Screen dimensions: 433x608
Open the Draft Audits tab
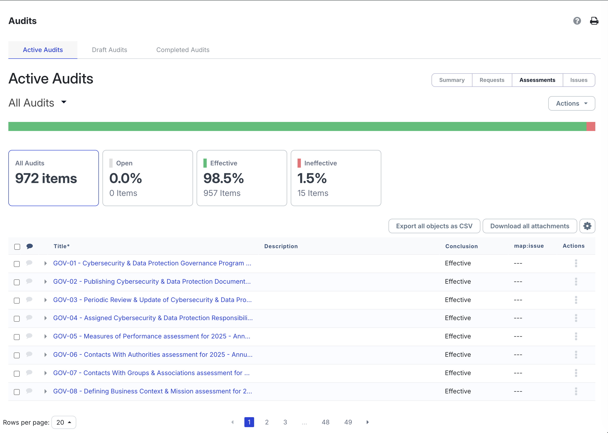[109, 50]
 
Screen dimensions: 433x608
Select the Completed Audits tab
[183, 50]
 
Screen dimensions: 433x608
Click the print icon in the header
[594, 21]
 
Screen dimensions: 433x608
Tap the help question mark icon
[577, 21]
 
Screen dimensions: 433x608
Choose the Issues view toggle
[579, 80]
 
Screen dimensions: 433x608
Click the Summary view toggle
[452, 80]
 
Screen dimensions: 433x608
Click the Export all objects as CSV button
[434, 226]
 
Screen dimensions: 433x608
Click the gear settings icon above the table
[587, 226]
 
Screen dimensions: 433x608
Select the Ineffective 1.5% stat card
[336, 178]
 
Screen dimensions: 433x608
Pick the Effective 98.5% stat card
[242, 178]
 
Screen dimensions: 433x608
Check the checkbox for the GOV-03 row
[17, 300]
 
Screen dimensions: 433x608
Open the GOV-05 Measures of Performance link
[151, 336]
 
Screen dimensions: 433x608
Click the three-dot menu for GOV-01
[576, 263]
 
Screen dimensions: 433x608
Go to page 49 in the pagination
[348, 422]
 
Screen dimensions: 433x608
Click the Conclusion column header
[461, 246]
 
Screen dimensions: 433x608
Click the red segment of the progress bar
[591, 126]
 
